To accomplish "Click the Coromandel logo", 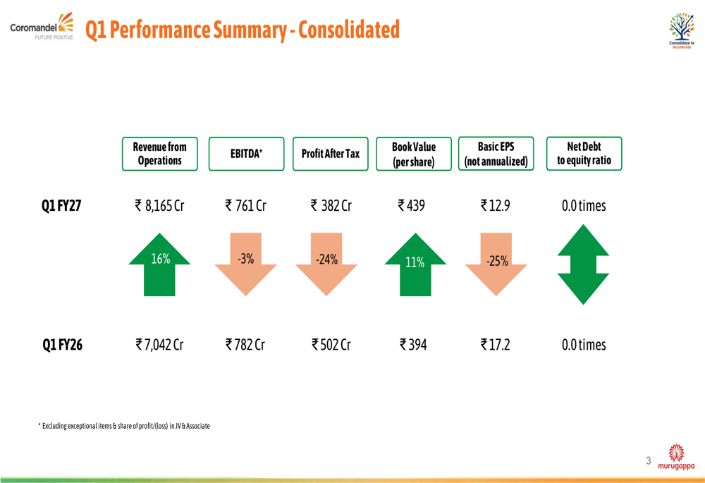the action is click(x=42, y=26).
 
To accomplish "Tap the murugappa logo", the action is click(x=676, y=457).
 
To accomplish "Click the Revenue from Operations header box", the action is click(x=159, y=154).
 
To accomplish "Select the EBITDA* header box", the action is click(x=246, y=154).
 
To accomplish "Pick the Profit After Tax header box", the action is click(x=331, y=154).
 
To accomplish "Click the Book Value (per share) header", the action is click(x=414, y=154).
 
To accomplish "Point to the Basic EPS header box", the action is click(x=496, y=153).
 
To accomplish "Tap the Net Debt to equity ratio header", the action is click(x=584, y=153).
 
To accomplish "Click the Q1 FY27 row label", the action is click(x=61, y=205).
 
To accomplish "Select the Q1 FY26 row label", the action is click(x=62, y=345).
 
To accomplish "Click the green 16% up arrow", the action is click(x=159, y=264).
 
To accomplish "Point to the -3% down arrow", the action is click(x=245, y=264).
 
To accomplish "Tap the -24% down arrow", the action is click(x=326, y=264).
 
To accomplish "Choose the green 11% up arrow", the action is click(x=415, y=264).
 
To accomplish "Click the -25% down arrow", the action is click(x=496, y=264).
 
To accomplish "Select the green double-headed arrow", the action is click(x=583, y=264).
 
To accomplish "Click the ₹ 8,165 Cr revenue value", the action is click(x=159, y=205).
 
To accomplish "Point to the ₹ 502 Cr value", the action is click(x=331, y=345).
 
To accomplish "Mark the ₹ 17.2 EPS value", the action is click(x=496, y=345).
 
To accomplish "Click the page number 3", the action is click(x=649, y=460).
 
